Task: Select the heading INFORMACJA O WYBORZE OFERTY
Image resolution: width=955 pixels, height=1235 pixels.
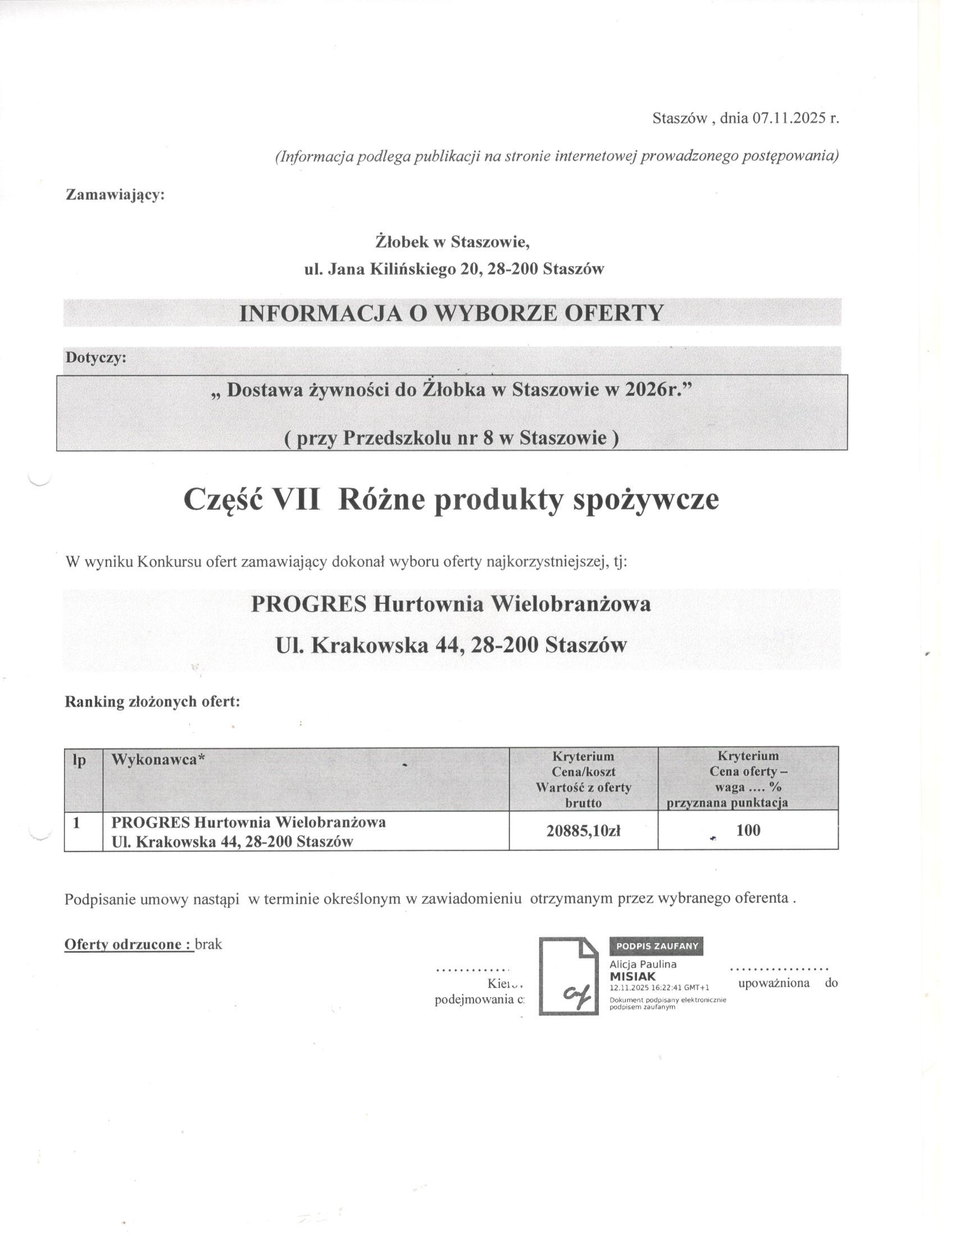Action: [451, 313]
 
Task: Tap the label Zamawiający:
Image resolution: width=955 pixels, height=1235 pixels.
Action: [115, 195]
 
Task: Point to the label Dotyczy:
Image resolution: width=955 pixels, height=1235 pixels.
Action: [96, 358]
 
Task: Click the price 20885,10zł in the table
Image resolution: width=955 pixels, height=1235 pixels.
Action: [583, 830]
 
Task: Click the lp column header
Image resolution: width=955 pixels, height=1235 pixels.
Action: [80, 760]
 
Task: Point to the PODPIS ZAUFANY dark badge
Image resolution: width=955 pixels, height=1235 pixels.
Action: [656, 945]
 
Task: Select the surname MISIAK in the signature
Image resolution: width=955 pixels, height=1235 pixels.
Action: [633, 976]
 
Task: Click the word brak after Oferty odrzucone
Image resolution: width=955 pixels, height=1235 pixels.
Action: [209, 944]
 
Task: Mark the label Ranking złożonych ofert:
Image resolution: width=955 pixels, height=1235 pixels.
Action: [153, 702]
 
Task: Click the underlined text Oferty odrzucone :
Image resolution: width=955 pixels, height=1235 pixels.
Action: [129, 944]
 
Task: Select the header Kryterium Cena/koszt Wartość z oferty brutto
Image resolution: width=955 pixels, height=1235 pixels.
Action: [583, 779]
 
